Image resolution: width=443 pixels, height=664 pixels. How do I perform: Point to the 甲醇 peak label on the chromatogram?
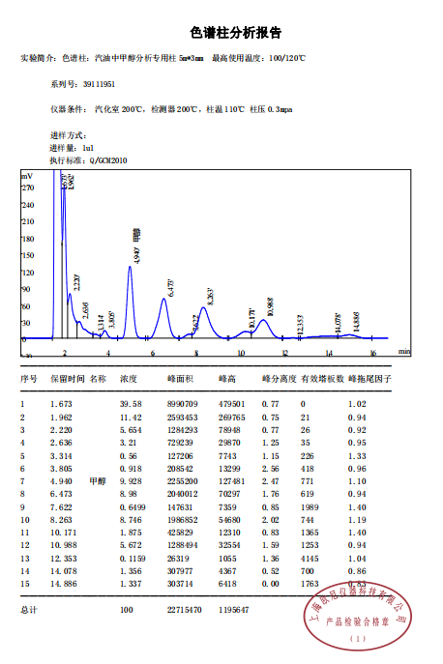tap(137, 238)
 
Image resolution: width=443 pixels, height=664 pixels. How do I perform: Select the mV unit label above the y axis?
tap(27, 176)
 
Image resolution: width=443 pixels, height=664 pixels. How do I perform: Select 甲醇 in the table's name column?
tap(97, 479)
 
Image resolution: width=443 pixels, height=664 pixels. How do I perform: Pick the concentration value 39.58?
tap(131, 403)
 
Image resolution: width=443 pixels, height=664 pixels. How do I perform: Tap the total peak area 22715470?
tap(182, 610)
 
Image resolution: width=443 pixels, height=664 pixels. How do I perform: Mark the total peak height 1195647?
tap(233, 610)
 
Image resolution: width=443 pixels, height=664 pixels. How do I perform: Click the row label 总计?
tap(28, 610)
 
